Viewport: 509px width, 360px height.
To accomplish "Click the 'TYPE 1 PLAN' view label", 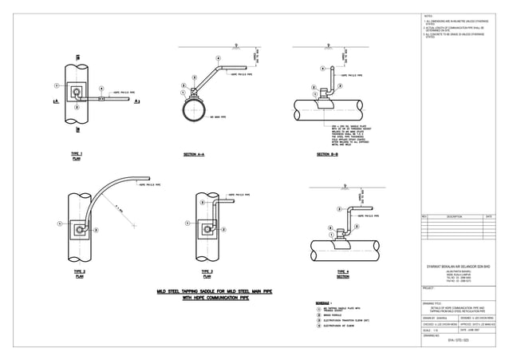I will (x=77, y=155).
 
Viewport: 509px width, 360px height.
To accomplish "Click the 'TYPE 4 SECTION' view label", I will (x=342, y=274).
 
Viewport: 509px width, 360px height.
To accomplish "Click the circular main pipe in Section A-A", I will (x=195, y=111).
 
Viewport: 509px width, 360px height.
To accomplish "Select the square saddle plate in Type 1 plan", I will (x=77, y=93).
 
